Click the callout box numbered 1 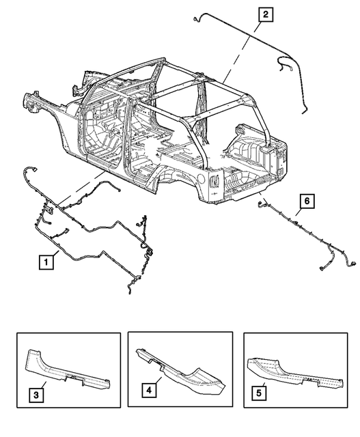pos(45,260)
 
